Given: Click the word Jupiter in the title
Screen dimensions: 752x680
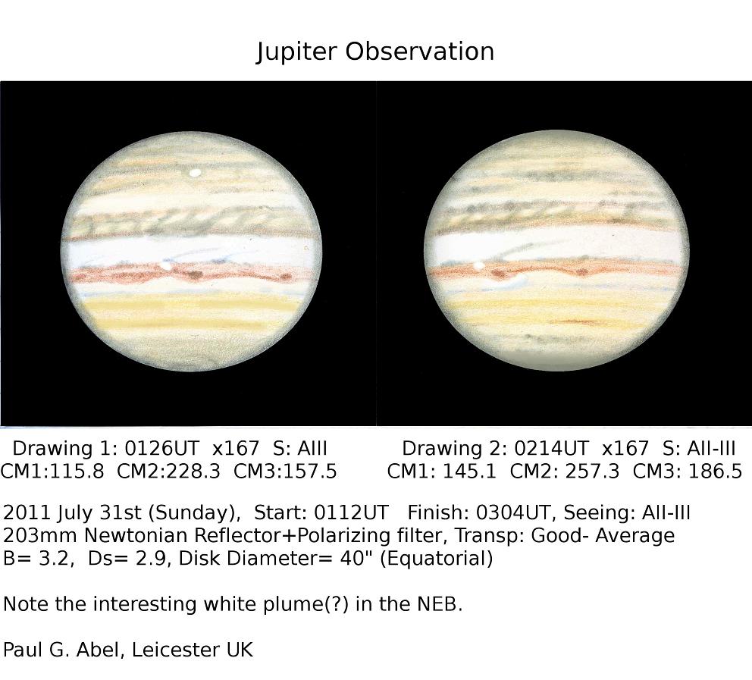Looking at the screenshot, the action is (296, 52).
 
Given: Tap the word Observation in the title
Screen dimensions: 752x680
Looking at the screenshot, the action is (420, 51).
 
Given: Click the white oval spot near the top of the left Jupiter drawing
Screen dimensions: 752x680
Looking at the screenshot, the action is (195, 173).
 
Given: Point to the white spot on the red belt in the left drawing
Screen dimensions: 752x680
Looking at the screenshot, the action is (166, 265).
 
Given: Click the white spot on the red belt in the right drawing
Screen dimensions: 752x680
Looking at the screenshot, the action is (478, 265).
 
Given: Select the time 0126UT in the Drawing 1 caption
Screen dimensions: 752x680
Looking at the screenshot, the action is (161, 449).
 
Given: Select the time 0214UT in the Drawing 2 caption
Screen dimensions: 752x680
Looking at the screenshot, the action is (550, 449).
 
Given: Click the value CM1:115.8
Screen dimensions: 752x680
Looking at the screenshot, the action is (52, 472).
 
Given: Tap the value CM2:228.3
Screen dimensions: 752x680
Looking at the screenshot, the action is (169, 472).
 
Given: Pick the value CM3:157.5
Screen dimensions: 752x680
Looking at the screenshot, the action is (285, 472).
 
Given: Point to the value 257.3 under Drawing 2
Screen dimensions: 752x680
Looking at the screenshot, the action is (592, 472).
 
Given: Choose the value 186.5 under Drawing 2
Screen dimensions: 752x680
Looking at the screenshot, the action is (715, 472).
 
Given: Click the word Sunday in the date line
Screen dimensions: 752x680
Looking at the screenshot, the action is (193, 513).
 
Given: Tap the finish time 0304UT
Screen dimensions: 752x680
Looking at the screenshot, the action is (512, 512).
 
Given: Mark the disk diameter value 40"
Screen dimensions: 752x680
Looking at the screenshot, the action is (357, 558).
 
